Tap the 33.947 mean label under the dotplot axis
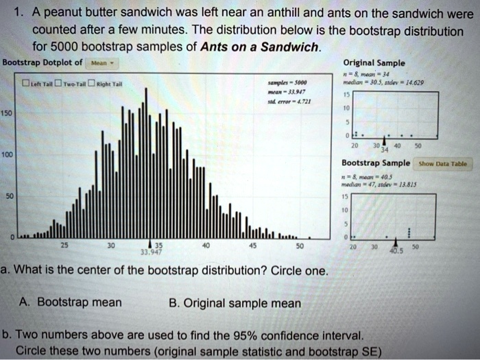[x=149, y=252]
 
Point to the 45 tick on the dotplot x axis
[x=252, y=245]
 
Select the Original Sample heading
[x=374, y=62]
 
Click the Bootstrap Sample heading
[x=376, y=163]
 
